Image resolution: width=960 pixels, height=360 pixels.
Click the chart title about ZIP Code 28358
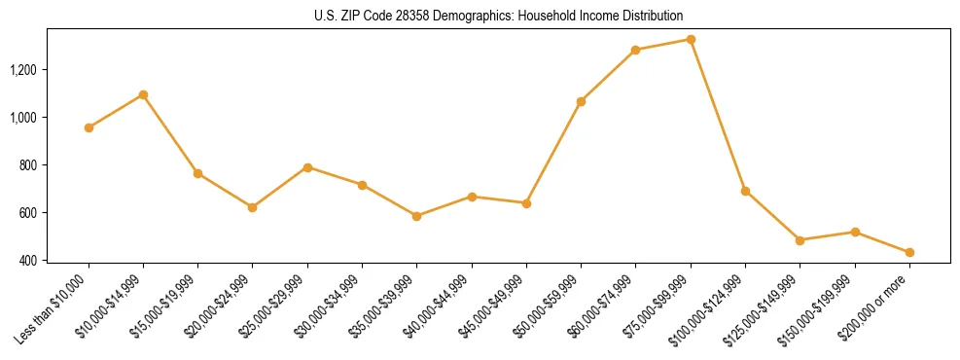(499, 16)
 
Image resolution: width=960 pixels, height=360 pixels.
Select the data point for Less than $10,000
(89, 127)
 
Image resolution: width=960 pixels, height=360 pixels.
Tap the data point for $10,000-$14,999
(143, 94)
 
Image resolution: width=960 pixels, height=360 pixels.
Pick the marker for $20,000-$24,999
(253, 207)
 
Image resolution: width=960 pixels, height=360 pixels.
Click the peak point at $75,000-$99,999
(691, 39)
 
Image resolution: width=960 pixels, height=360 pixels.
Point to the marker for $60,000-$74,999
(636, 50)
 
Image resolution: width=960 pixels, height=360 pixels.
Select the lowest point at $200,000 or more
(909, 252)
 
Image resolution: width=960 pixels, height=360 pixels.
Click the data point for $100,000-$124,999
(745, 191)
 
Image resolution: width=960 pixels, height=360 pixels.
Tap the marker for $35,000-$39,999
(416, 216)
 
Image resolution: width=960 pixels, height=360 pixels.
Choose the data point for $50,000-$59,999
(581, 101)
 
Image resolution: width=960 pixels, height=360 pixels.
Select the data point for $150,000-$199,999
(855, 232)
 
